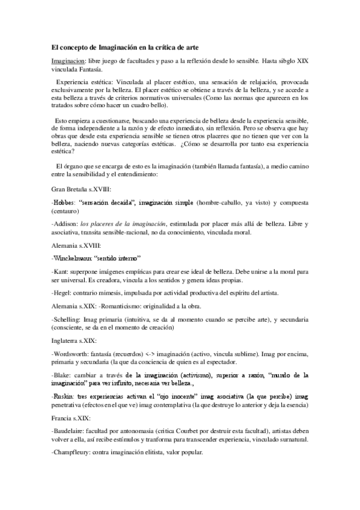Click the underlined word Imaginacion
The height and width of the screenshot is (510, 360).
[67, 61]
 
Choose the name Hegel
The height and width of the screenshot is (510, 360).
[62, 293]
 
